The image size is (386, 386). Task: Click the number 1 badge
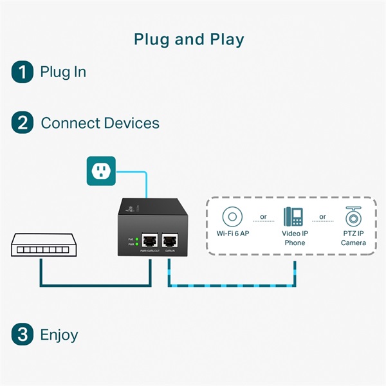click(x=22, y=71)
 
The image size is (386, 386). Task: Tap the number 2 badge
click(x=22, y=123)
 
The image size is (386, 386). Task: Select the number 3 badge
click(x=22, y=335)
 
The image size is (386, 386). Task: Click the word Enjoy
click(x=59, y=335)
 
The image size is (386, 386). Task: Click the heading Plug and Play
click(x=189, y=39)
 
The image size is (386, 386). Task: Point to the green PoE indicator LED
click(x=137, y=239)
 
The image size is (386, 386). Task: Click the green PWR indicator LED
click(x=137, y=245)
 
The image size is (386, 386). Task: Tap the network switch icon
click(x=40, y=244)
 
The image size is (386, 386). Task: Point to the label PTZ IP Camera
click(x=353, y=238)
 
